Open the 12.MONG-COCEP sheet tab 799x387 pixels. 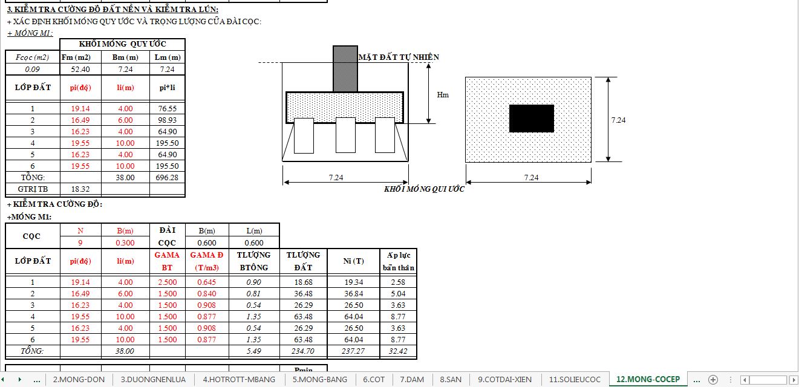coord(648,379)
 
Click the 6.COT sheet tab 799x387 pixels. coord(373,379)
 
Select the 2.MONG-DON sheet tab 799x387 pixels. coord(79,379)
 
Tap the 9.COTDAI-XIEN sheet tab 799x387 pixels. coord(504,379)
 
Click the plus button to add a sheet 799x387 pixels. coord(713,379)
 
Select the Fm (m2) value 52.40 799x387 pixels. coord(80,69)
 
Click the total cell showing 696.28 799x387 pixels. coord(168,178)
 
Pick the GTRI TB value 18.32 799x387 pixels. coord(80,189)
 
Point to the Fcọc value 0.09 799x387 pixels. coord(33,69)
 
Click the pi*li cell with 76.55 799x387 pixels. coord(168,109)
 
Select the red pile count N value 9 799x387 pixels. coord(80,242)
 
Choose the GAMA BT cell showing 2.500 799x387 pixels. coord(168,282)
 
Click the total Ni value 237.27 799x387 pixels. coord(353,351)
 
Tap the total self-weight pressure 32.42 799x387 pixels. coord(398,351)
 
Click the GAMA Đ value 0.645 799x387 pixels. coord(207,282)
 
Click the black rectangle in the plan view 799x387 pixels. coord(531,119)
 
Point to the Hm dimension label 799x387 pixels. coord(443,95)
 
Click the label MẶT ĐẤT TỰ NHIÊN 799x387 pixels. coord(399,57)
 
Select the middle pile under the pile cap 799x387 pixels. coord(345,135)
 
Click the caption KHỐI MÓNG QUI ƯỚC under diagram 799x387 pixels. coord(424,189)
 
